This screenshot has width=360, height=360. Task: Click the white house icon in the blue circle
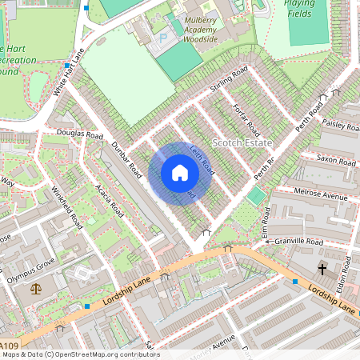(180, 173)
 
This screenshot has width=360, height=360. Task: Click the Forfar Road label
(246, 118)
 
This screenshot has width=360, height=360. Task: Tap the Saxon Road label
(336, 161)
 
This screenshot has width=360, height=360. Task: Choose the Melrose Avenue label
(321, 196)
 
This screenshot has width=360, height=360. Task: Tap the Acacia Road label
(107, 200)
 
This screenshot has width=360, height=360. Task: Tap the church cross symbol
(323, 269)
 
